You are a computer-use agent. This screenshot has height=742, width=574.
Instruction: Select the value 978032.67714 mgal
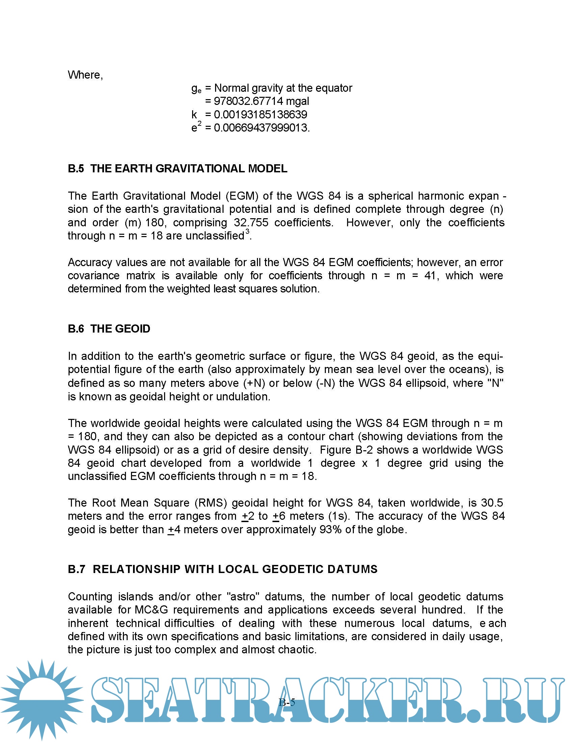(261, 101)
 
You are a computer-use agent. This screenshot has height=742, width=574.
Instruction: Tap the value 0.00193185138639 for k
(260, 114)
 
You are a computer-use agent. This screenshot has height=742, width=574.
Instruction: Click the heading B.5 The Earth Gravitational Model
(178, 169)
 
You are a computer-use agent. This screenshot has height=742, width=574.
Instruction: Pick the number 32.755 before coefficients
(251, 223)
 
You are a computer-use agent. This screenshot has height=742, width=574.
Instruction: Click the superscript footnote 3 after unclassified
(247, 232)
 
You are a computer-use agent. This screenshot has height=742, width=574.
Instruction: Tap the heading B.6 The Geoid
(109, 329)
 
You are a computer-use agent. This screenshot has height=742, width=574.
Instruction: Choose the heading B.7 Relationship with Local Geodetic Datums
(223, 569)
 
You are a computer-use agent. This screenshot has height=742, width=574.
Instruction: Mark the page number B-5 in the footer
(287, 702)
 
